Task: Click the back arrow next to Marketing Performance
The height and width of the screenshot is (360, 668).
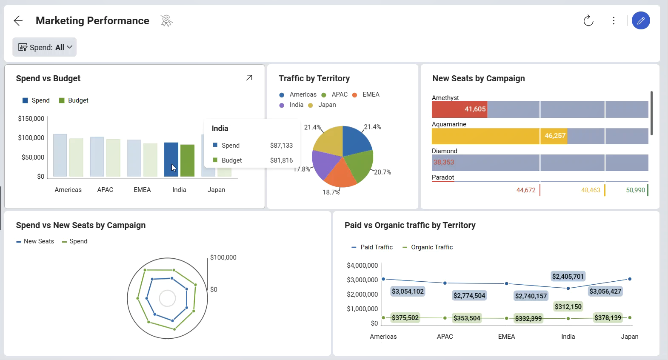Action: [18, 21]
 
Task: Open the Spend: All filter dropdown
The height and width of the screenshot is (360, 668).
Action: [45, 47]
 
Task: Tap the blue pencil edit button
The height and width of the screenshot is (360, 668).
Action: [641, 20]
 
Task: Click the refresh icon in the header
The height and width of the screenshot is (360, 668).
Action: [588, 20]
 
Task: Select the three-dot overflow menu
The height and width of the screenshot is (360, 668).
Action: [614, 20]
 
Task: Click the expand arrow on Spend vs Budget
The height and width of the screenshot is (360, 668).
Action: [249, 78]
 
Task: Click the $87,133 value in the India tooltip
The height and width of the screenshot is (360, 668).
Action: [281, 146]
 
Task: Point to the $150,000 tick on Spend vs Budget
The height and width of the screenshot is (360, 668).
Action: [31, 119]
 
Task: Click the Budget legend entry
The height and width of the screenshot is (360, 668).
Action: [74, 100]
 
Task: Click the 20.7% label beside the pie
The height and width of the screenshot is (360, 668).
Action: [383, 172]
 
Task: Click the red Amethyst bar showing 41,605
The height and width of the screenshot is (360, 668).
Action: [460, 109]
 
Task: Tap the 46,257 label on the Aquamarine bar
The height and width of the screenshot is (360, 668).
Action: [555, 136]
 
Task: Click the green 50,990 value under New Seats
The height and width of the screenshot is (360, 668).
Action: [635, 190]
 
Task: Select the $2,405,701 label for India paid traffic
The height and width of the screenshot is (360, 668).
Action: [568, 277]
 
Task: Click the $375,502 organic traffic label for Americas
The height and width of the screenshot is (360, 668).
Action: [405, 318]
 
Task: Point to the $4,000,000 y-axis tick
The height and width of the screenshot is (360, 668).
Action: [362, 266]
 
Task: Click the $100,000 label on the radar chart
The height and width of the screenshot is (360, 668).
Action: [223, 257]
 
